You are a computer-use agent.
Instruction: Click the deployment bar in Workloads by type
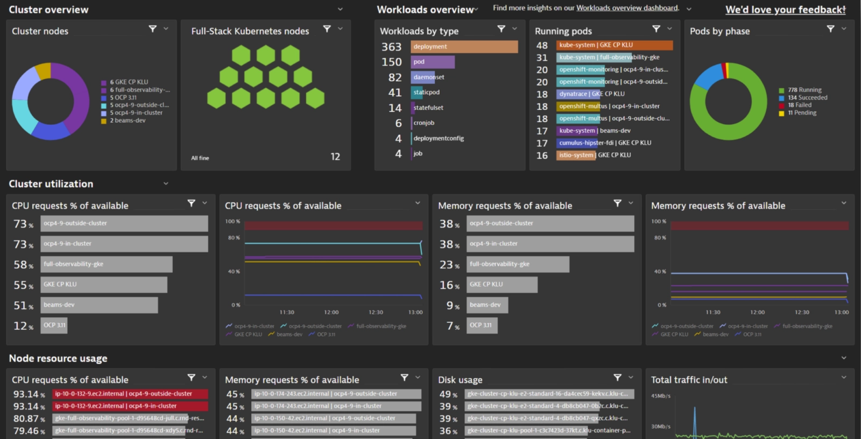point(464,47)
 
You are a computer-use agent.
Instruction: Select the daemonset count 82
point(395,77)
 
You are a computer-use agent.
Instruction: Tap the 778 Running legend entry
point(804,90)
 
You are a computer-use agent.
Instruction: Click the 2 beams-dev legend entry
point(128,121)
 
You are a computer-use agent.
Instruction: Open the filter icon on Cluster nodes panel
point(153,29)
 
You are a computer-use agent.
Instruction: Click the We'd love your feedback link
point(785,10)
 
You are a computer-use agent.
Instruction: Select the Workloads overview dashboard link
point(627,8)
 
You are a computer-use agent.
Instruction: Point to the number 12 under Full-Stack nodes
point(335,157)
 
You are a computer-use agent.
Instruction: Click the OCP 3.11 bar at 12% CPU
point(54,325)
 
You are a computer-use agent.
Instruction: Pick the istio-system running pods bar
point(576,155)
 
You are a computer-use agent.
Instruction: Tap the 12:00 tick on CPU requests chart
point(331,313)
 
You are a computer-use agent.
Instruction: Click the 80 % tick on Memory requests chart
point(660,238)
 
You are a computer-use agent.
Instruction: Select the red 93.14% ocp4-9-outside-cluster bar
point(130,394)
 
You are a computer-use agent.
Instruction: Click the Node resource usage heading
point(58,358)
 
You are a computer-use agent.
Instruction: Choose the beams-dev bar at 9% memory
point(487,305)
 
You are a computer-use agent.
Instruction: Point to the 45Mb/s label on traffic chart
point(661,396)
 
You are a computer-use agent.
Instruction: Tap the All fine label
point(200,158)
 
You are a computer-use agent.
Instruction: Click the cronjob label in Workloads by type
point(424,123)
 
